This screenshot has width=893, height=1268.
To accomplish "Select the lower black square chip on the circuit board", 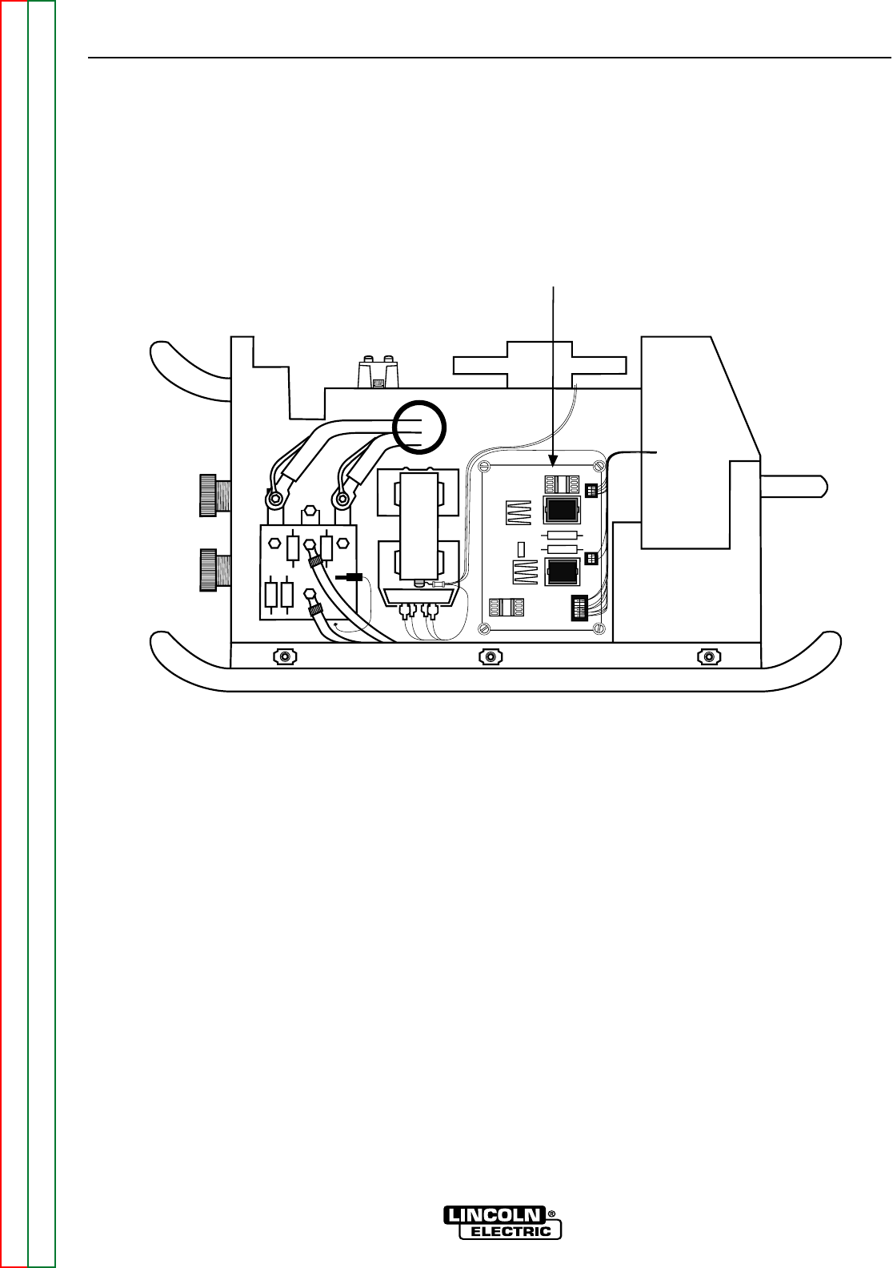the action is (562, 572).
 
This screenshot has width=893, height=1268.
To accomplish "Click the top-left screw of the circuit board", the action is (483, 466).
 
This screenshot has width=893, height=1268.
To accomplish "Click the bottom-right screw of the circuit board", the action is (599, 628).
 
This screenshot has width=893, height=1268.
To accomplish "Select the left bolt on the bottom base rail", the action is (283, 657).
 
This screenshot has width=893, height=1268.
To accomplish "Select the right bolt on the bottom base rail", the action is (707, 657).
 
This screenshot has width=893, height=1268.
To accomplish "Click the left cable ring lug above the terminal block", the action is (274, 500).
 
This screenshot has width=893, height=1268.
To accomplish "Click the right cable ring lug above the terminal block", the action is (342, 500).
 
